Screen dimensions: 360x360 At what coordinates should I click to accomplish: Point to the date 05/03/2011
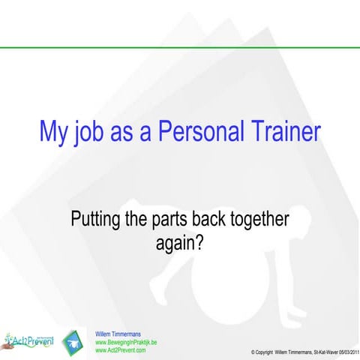[x=344, y=352]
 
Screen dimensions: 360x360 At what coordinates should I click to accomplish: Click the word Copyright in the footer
[x=271, y=352]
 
